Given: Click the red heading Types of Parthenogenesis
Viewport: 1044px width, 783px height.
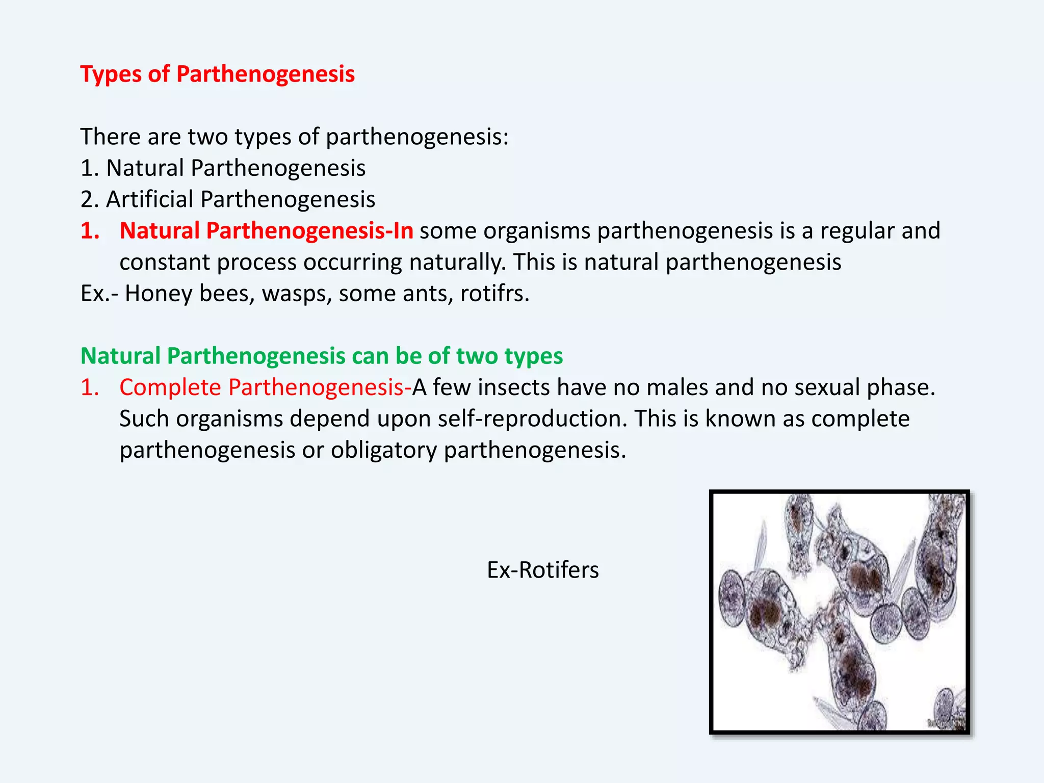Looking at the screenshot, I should click(217, 74).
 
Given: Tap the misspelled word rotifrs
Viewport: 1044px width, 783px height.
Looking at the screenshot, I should click(494, 294).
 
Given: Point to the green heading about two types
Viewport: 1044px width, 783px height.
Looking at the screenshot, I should click(321, 356).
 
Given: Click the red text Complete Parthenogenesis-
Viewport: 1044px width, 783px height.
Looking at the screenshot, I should click(265, 387).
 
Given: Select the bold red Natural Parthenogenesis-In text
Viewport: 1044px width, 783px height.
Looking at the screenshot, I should click(266, 231).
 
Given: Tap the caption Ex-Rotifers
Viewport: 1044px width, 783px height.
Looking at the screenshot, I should click(542, 570).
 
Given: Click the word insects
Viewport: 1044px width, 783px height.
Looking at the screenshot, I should click(514, 387).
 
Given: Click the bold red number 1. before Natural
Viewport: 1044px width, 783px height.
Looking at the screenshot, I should click(90, 231).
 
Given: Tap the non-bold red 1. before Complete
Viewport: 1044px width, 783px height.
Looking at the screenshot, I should click(90, 387).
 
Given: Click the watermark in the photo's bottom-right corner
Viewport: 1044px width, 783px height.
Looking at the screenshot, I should click(946, 723).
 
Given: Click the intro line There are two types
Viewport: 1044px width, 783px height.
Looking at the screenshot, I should click(294, 137).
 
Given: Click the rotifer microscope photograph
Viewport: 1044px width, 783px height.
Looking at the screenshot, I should click(839, 612).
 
